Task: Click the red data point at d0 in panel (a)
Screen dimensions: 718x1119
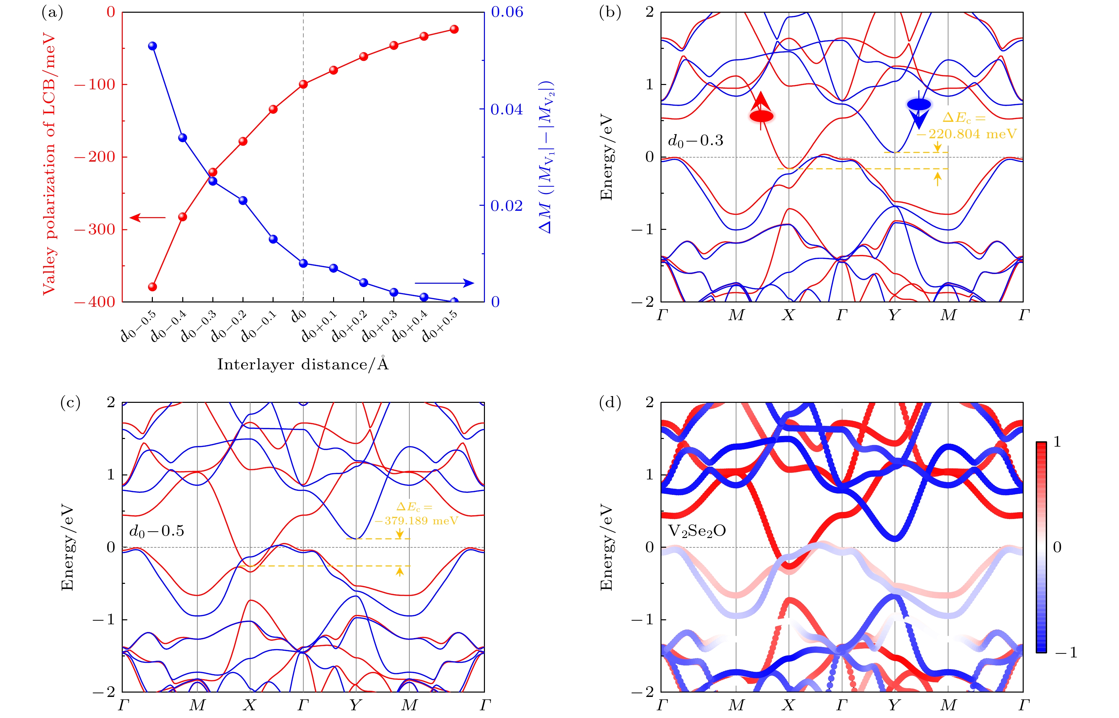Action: point(303,84)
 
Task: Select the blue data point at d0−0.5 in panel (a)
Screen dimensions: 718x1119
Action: point(152,46)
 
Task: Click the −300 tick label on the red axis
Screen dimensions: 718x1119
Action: point(95,230)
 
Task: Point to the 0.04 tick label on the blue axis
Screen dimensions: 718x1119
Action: point(507,109)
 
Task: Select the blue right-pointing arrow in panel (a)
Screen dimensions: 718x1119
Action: point(444,283)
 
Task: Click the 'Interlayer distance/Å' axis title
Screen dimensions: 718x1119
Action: point(303,364)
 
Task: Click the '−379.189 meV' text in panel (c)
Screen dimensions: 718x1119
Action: point(416,521)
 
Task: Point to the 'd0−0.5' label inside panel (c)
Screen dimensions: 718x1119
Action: point(157,531)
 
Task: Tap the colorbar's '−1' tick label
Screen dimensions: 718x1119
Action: point(1066,652)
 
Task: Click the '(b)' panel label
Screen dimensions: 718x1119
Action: point(610,13)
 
